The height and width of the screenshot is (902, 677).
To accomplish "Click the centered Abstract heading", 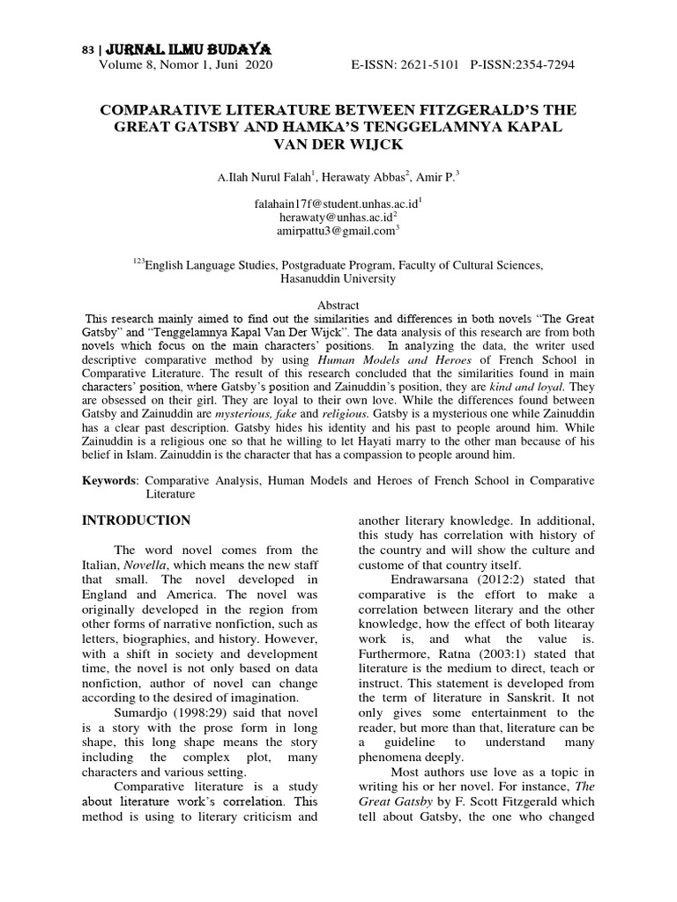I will pyautogui.click(x=338, y=305).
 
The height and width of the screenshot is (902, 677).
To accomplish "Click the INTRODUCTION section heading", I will pyautogui.click(x=136, y=521).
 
